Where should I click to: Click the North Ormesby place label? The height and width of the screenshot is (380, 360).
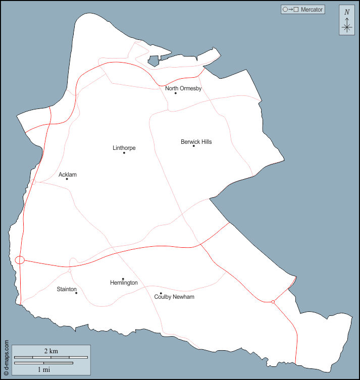point(183,88)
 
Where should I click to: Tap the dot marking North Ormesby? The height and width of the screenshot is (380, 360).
point(176,93)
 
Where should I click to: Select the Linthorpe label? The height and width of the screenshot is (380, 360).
point(124,148)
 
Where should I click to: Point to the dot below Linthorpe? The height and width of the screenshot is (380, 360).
point(124,152)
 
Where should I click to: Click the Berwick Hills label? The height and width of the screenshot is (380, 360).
point(196,142)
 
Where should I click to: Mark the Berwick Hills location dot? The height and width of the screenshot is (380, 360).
point(193,146)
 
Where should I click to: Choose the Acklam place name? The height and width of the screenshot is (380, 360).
point(68,175)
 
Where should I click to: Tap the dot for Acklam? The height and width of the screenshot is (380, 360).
point(67,179)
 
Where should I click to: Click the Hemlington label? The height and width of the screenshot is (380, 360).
point(124,283)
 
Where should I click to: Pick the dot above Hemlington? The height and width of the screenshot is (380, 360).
point(123,279)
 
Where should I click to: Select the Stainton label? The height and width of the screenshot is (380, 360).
point(67,289)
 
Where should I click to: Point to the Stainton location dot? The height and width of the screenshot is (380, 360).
point(76,293)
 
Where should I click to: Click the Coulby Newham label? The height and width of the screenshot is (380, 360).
point(174,297)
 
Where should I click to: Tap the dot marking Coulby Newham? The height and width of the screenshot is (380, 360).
point(161,293)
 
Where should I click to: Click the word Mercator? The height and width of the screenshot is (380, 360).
point(312,10)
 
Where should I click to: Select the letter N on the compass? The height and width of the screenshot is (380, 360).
point(346,12)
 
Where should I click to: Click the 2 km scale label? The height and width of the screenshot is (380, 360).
point(50,351)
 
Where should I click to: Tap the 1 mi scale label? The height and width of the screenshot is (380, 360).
point(43,369)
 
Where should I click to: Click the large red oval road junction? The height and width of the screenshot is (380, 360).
point(20,260)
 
